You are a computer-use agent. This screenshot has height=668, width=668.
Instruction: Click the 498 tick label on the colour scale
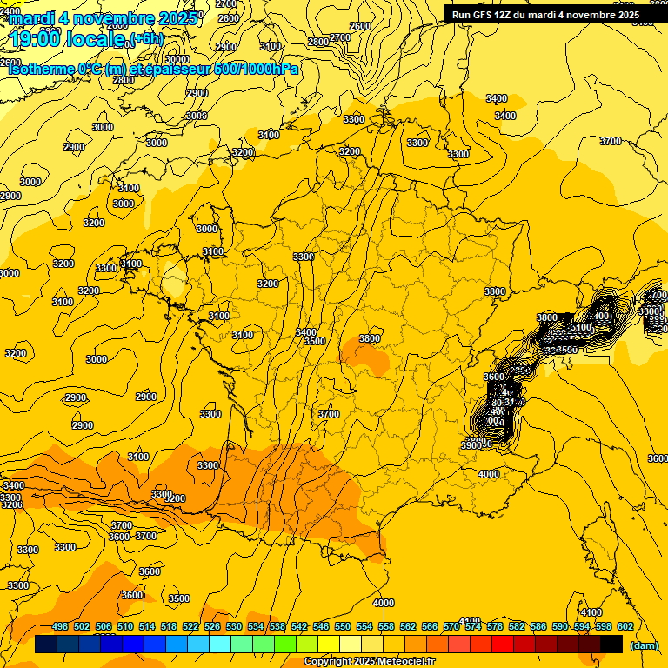point(60,626)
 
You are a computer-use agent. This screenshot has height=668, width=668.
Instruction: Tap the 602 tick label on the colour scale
point(625,626)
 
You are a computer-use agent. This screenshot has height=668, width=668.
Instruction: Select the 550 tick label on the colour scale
point(343,626)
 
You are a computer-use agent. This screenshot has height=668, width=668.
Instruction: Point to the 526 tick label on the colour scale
point(212,626)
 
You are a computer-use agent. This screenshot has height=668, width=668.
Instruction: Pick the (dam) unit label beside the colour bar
point(643,645)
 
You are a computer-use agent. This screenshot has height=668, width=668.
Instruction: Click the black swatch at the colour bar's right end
point(611,645)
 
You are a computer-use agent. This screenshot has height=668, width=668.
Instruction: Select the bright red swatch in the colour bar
point(503,645)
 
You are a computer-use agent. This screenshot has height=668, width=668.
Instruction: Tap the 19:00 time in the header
point(36,39)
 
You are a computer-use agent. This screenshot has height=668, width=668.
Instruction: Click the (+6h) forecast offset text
point(144,38)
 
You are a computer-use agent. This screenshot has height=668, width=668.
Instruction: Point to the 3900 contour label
point(471,445)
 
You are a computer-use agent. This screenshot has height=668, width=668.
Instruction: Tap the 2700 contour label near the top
point(339,37)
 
